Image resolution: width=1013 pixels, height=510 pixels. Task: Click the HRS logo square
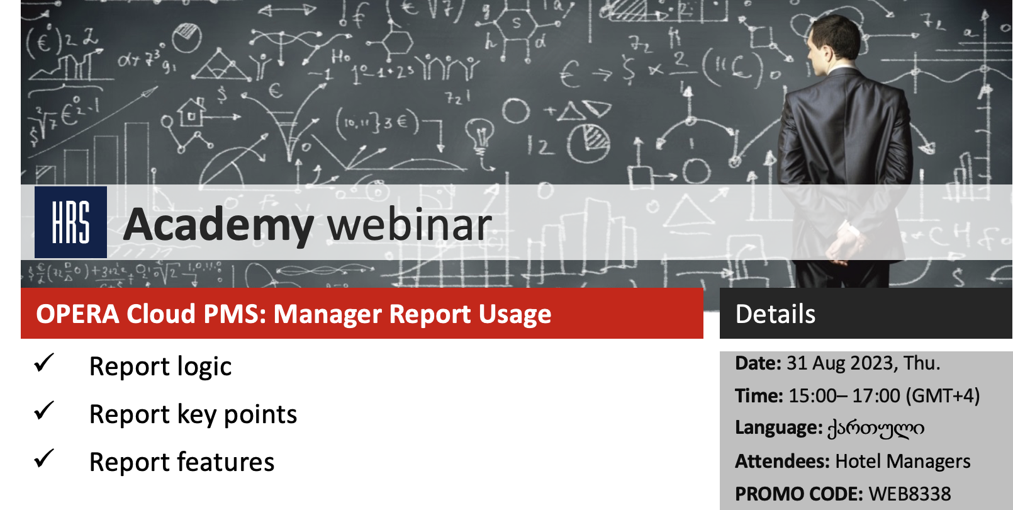(70, 222)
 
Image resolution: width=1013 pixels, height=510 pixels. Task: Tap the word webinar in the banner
(409, 224)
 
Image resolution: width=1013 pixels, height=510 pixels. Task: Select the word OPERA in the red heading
(77, 314)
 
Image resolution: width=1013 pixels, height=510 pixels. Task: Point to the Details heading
(775, 314)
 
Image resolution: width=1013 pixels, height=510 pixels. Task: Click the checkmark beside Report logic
(44, 363)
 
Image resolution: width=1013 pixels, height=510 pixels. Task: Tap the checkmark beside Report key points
(44, 411)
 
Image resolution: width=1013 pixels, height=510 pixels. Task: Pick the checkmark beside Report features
(44, 459)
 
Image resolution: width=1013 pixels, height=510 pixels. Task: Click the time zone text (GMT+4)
(943, 396)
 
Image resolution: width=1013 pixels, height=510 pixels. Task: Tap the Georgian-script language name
(876, 428)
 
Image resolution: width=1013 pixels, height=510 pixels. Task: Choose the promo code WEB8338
(910, 494)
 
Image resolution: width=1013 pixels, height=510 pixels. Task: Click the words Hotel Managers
(903, 461)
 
